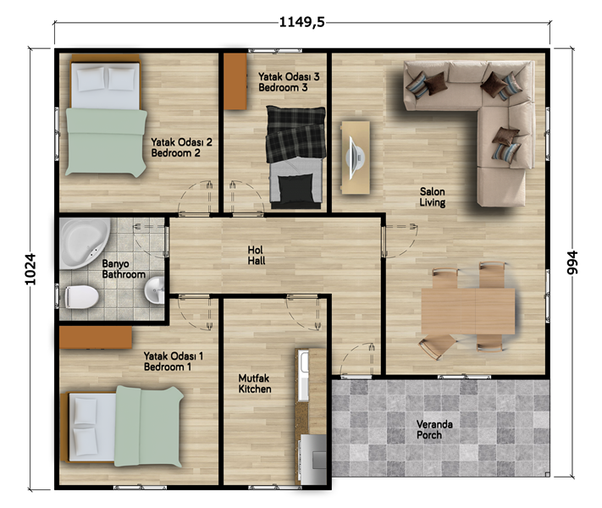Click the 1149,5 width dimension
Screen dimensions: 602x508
tap(301, 22)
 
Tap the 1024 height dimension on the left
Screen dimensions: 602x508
tap(30, 268)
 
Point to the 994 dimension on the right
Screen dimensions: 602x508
tap(572, 262)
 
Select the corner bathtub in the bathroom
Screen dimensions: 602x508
tap(85, 243)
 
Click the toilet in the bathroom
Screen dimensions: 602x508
tap(81, 296)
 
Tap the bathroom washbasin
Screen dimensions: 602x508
tap(154, 290)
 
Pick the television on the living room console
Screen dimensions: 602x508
tap(355, 157)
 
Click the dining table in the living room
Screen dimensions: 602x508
tap(468, 311)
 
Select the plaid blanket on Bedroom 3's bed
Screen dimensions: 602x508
tap(295, 134)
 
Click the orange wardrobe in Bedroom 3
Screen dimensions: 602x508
tap(235, 81)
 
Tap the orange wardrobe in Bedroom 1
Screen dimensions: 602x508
tap(96, 338)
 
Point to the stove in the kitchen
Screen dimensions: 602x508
tap(313, 459)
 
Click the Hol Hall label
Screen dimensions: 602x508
tap(256, 256)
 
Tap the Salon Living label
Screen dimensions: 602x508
tap(433, 196)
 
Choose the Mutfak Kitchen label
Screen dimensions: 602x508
tap(255, 384)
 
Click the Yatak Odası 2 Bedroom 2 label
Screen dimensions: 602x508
tap(181, 147)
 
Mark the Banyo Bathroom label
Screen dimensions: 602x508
tap(124, 268)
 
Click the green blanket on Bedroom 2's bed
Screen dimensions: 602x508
tap(106, 142)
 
